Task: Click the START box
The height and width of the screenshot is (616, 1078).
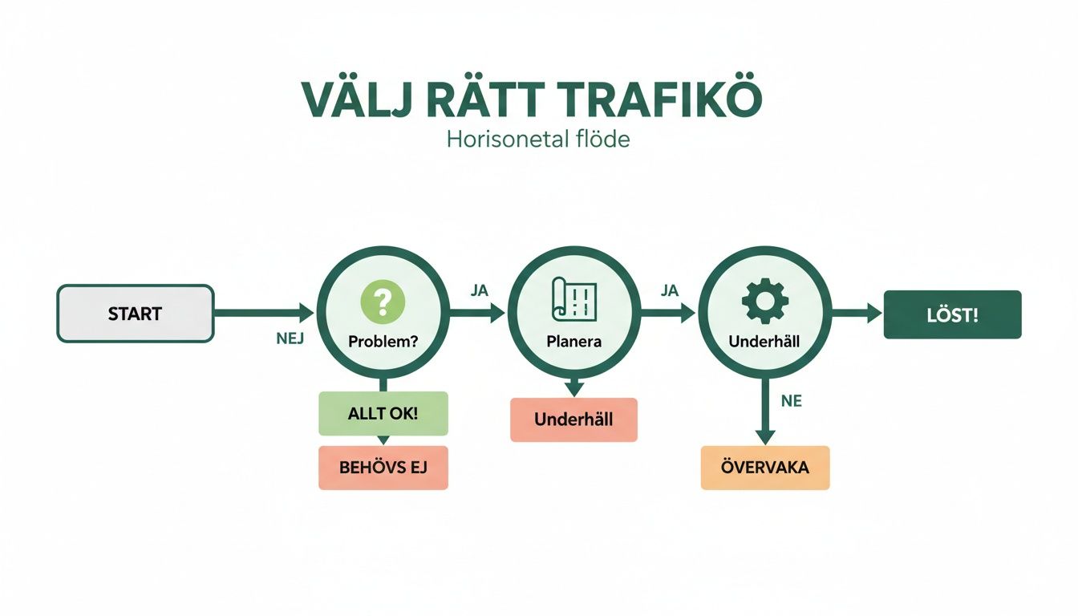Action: point(135,314)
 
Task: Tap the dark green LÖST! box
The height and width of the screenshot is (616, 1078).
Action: point(952,314)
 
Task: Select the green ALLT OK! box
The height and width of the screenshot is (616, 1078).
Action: point(383,414)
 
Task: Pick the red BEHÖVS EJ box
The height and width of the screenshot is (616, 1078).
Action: point(383,467)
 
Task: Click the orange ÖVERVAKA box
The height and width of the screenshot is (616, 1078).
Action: point(764,467)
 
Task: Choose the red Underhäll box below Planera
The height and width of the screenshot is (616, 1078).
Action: point(573,419)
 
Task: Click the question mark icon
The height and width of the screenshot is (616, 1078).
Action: point(383,302)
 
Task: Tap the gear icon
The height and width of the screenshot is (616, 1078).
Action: point(764,302)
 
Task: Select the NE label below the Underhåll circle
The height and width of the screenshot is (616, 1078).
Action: point(791,401)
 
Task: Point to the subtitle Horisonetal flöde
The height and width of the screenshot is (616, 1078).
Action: point(538,139)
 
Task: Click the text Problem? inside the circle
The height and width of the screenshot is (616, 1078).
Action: point(383,341)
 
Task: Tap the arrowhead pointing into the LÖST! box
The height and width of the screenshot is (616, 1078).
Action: point(874,314)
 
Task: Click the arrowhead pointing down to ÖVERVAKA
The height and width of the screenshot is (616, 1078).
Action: point(765,437)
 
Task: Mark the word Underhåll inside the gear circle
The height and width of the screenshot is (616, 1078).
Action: point(764,341)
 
